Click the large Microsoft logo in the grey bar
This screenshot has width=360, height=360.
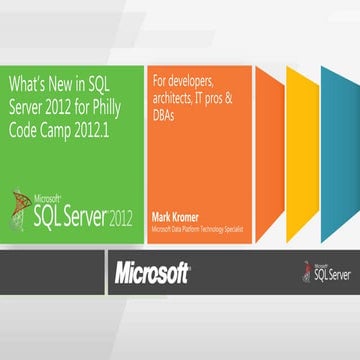coord(151,272)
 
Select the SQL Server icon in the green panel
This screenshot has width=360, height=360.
coord(24,209)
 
